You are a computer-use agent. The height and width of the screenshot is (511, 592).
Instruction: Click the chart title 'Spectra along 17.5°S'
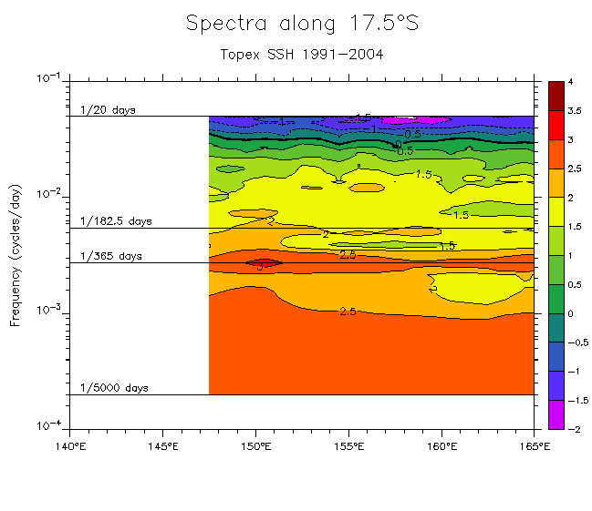pos(302,24)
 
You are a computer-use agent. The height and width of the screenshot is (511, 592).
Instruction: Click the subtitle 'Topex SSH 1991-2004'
pos(302,54)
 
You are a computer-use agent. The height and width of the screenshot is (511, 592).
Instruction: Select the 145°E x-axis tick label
pos(162,446)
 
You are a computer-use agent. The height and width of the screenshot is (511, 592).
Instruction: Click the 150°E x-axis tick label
pos(255,446)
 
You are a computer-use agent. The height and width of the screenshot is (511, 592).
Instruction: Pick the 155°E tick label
pos(348,446)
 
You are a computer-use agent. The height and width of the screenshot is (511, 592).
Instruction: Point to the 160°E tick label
pos(441,446)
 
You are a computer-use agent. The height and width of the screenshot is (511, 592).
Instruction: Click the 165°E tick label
pos(534,446)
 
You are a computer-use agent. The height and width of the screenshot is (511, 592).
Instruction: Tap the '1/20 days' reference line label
pos(108,110)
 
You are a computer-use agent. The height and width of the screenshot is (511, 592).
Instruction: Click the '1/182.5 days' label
pos(116,221)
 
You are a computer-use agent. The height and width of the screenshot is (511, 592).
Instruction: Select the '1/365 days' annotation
pos(111,257)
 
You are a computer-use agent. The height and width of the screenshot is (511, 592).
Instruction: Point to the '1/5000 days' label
pos(114,388)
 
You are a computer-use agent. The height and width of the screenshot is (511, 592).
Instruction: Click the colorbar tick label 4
pos(570,82)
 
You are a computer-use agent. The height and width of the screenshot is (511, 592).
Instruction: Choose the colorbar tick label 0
pos(570,313)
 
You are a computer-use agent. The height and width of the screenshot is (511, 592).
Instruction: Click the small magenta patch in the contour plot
pos(415,119)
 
